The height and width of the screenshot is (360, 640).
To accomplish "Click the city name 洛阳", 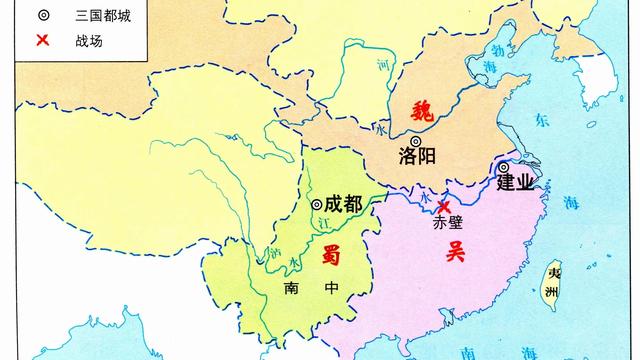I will pyautogui.click(x=418, y=157).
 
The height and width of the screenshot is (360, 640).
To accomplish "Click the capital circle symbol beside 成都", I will pyautogui.click(x=316, y=204).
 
